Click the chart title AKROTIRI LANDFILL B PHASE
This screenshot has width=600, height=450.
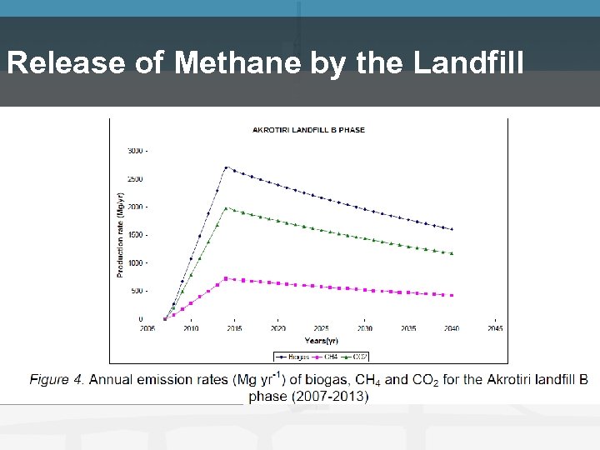click(308, 130)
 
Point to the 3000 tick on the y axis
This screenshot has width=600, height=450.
click(136, 151)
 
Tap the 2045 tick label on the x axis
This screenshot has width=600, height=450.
click(495, 329)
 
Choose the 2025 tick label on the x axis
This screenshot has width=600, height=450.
click(322, 329)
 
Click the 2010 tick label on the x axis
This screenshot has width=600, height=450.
click(191, 329)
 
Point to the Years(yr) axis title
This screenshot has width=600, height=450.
click(321, 341)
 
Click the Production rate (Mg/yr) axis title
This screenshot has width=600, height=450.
click(121, 235)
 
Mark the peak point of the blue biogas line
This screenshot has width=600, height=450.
click(226, 167)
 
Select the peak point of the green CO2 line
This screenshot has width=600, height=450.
click(226, 208)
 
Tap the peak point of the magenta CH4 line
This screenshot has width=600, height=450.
click(226, 278)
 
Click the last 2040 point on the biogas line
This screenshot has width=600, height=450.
click(452, 229)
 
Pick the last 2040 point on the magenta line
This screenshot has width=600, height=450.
click(452, 295)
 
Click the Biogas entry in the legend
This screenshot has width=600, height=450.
click(293, 357)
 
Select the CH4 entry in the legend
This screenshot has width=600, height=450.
click(328, 357)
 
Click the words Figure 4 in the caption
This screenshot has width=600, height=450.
click(57, 380)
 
